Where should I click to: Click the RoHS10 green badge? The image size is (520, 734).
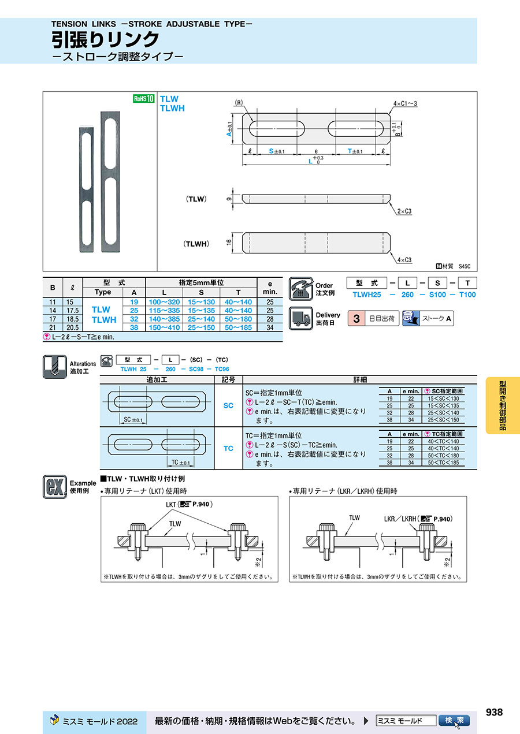(x=143, y=98)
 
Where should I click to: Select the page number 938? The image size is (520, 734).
(x=494, y=712)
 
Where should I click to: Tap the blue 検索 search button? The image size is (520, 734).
(x=454, y=721)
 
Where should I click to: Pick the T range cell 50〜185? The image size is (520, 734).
(x=238, y=327)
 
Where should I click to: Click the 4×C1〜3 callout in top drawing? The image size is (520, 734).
(x=405, y=103)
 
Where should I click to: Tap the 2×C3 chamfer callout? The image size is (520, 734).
(x=403, y=212)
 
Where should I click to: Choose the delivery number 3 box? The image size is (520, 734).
(x=356, y=318)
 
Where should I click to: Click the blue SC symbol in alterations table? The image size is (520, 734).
(x=228, y=405)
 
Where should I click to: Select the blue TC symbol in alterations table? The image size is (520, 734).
(x=228, y=448)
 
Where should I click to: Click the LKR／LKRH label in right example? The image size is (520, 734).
(x=400, y=519)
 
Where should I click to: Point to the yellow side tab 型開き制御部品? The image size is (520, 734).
(x=503, y=405)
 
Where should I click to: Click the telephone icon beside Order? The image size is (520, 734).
(x=300, y=288)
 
